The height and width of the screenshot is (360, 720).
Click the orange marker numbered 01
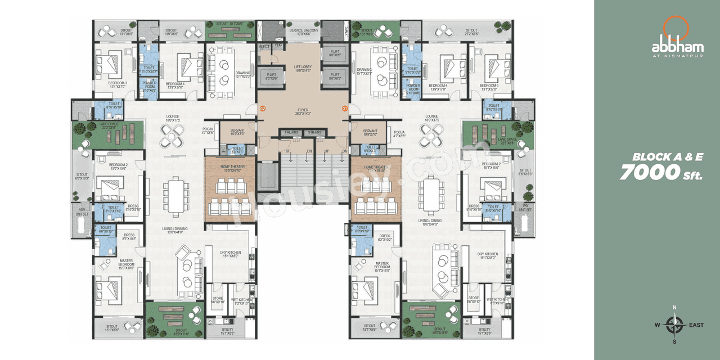tap(345, 107)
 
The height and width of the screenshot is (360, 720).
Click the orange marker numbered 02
tap(262, 107)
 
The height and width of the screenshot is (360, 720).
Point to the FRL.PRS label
tap(291, 133)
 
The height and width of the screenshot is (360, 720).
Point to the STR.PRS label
tap(314, 133)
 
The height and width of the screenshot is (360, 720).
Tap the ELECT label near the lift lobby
tap(265, 47)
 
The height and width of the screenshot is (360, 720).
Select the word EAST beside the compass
tap(695, 325)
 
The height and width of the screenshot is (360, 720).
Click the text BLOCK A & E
tap(667, 157)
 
